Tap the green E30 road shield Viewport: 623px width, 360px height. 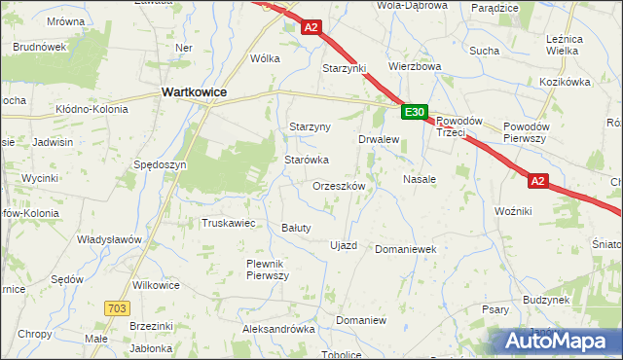414,113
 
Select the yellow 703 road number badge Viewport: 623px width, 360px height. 116,307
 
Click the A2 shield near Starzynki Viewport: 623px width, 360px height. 311,29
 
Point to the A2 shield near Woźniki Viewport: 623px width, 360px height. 539,181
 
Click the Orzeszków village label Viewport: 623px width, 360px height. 339,186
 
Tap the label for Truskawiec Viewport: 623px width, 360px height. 228,223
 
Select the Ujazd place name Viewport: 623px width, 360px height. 345,245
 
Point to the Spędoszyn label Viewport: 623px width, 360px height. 161,165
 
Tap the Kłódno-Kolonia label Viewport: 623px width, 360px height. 92,109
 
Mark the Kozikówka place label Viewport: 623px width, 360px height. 565,82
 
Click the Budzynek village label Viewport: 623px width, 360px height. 545,301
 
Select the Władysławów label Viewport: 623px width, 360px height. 110,239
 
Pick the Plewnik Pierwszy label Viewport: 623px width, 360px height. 269,270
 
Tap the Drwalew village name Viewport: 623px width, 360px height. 380,139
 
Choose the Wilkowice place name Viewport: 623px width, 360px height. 156,285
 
